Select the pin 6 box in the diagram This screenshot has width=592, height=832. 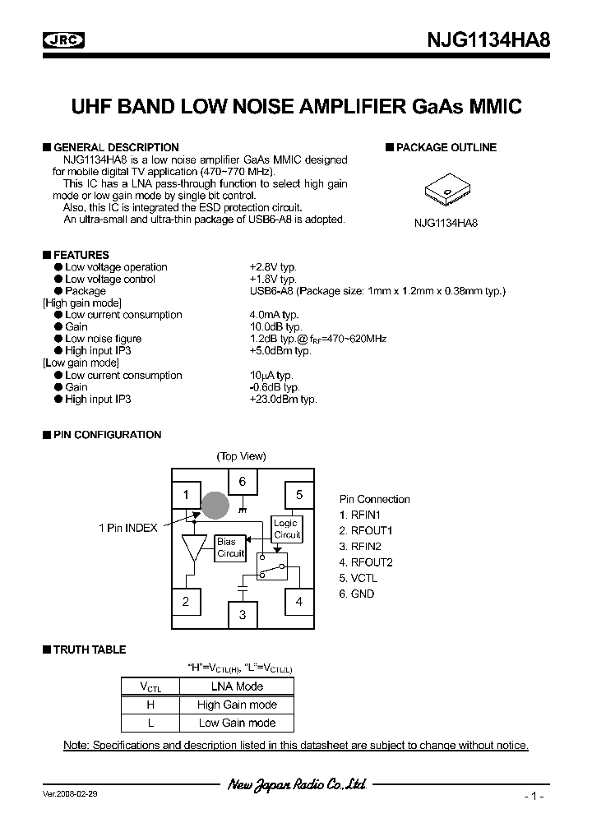[243, 482]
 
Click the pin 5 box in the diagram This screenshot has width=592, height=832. [299, 494]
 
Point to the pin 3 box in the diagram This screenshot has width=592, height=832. [243, 614]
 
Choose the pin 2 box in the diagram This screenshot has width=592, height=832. [186, 602]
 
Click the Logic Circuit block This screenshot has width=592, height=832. [286, 529]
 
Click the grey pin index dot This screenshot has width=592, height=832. [215, 505]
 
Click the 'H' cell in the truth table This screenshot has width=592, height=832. [150, 705]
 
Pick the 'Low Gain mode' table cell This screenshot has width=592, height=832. [237, 723]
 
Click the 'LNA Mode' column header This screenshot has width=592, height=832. [237, 686]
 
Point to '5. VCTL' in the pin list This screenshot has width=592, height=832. [358, 578]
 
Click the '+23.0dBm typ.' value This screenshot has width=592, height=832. [283, 399]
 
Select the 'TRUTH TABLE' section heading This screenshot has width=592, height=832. [89, 649]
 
